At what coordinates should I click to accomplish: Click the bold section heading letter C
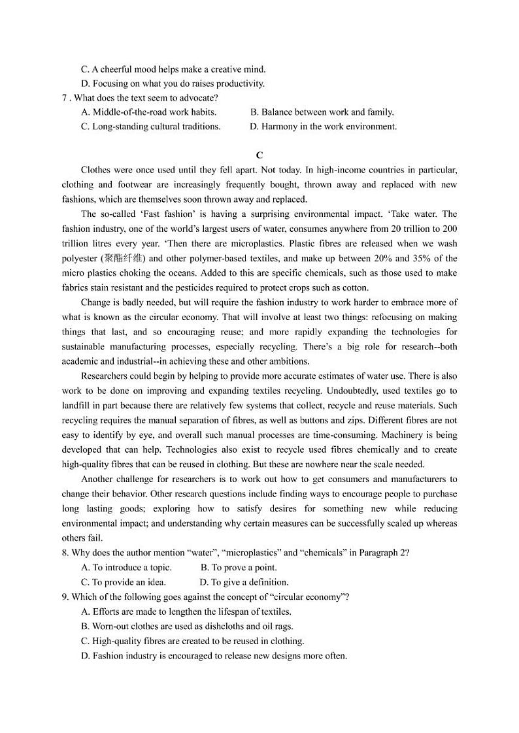pyautogui.click(x=259, y=155)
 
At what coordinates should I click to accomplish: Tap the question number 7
pyautogui.click(x=65, y=98)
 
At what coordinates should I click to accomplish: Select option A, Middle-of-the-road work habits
pyautogui.click(x=149, y=112)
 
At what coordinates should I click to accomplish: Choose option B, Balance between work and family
pyautogui.click(x=322, y=112)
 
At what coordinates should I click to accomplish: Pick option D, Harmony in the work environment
pyautogui.click(x=323, y=127)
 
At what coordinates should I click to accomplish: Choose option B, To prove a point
pyautogui.click(x=239, y=568)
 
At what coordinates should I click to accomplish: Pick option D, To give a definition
pyautogui.click(x=244, y=582)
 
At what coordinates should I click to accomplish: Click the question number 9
pyautogui.click(x=65, y=597)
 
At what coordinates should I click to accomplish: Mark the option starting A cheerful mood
pyautogui.click(x=173, y=69)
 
